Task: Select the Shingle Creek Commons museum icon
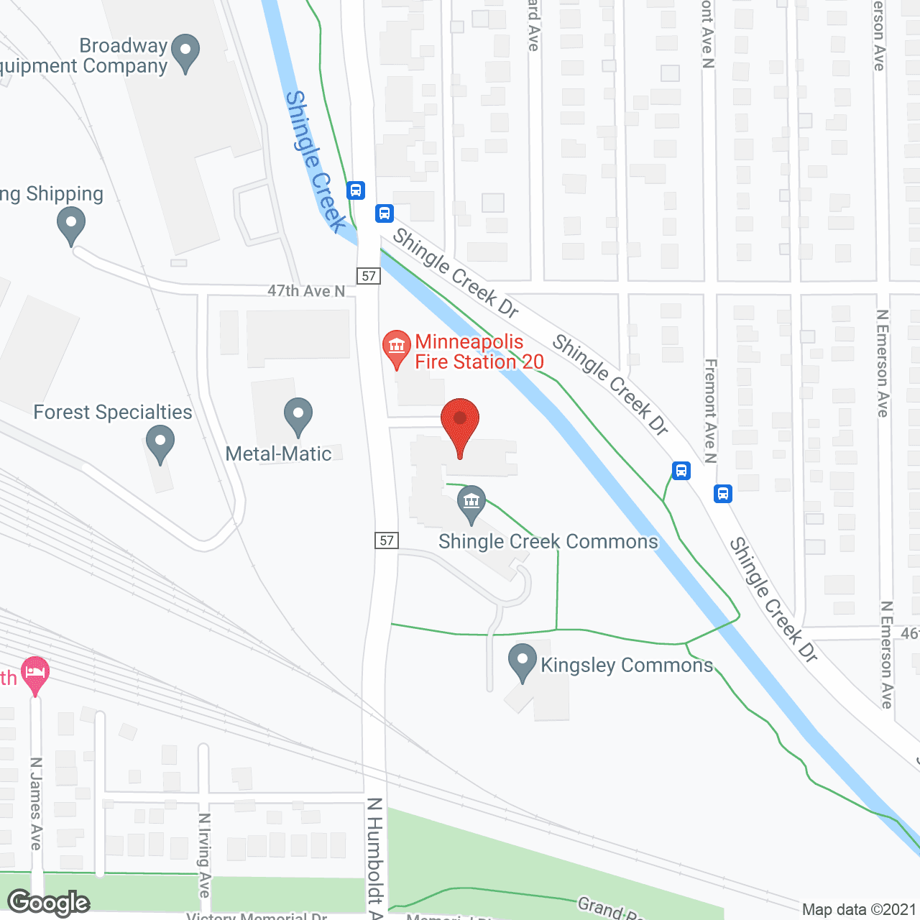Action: click(x=471, y=502)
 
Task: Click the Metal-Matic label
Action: click(x=278, y=454)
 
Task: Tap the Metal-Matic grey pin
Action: click(x=298, y=415)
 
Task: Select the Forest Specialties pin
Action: click(x=160, y=443)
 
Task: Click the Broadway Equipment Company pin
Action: click(x=186, y=52)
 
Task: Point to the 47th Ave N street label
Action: click(x=306, y=291)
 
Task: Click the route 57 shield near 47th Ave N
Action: click(x=369, y=276)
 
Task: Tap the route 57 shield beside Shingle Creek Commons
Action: click(x=387, y=540)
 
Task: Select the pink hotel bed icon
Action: click(x=35, y=673)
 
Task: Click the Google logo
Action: click(x=49, y=903)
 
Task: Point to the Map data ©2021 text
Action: click(x=859, y=910)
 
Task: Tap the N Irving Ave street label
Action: click(x=204, y=855)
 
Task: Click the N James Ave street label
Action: click(x=36, y=804)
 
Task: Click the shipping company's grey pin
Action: click(x=71, y=224)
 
